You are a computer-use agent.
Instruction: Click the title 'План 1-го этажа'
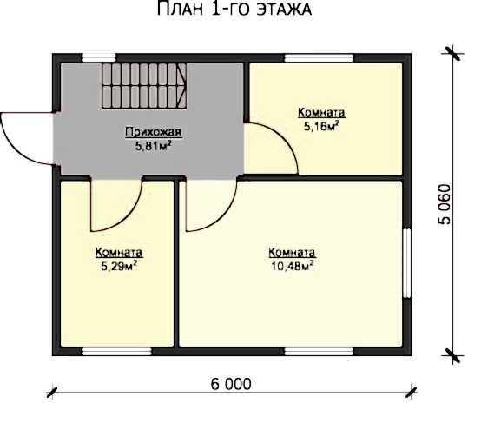point(234,9)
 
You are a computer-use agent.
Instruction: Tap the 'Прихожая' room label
point(154,132)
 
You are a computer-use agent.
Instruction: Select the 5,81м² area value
point(154,146)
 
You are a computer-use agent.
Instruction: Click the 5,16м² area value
point(321,126)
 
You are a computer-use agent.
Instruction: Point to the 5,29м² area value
point(119,266)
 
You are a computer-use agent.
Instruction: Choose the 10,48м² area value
point(292,266)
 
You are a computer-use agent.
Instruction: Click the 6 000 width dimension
point(231,384)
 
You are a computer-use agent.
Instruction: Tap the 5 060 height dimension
point(445,204)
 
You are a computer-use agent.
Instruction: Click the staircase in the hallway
point(144,86)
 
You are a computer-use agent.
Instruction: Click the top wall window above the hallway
point(99,57)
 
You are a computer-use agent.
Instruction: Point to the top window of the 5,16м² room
point(319,58)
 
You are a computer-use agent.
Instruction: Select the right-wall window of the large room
point(406,263)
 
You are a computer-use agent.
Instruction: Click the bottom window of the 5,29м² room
point(117,352)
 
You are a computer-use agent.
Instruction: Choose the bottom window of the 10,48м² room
point(319,352)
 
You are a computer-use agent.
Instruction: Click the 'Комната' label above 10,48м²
point(292,253)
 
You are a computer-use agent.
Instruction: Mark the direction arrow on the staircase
point(182,86)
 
